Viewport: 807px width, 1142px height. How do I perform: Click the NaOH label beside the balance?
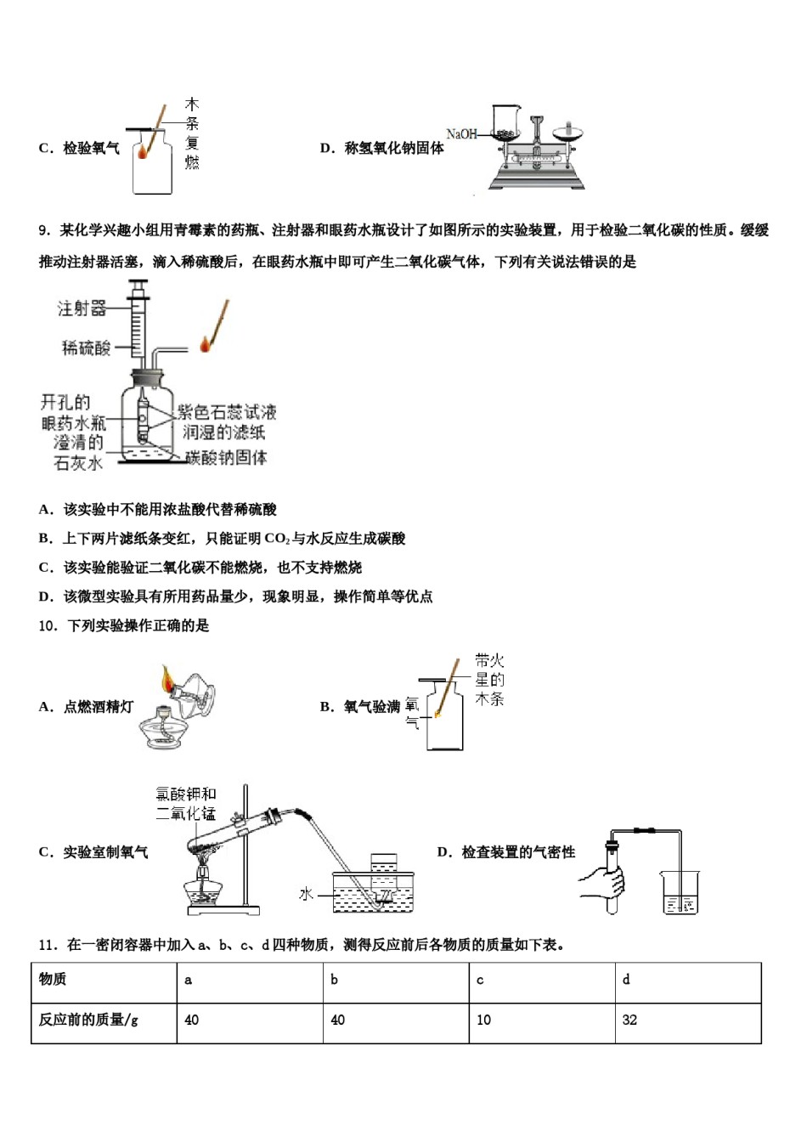pyautogui.click(x=461, y=134)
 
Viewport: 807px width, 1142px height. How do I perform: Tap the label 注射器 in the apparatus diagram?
pyautogui.click(x=82, y=308)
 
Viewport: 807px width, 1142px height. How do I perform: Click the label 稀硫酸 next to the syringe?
pyautogui.click(x=87, y=348)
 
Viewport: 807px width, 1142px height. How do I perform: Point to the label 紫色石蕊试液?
pyautogui.click(x=227, y=412)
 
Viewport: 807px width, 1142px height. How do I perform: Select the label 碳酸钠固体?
pyautogui.click(x=226, y=457)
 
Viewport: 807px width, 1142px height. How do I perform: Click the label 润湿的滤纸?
pyautogui.click(x=224, y=432)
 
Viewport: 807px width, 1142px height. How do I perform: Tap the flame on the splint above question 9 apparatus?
pyautogui.click(x=206, y=342)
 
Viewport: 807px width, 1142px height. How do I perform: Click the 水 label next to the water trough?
pyautogui.click(x=307, y=894)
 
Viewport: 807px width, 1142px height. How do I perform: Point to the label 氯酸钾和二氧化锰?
pyautogui.click(x=186, y=804)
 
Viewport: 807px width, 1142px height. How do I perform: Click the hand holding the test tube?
pyautogui.click(x=603, y=884)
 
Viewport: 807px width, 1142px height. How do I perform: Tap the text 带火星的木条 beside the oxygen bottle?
pyautogui.click(x=490, y=680)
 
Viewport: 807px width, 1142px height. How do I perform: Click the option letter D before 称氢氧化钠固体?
pyautogui.click(x=325, y=149)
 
